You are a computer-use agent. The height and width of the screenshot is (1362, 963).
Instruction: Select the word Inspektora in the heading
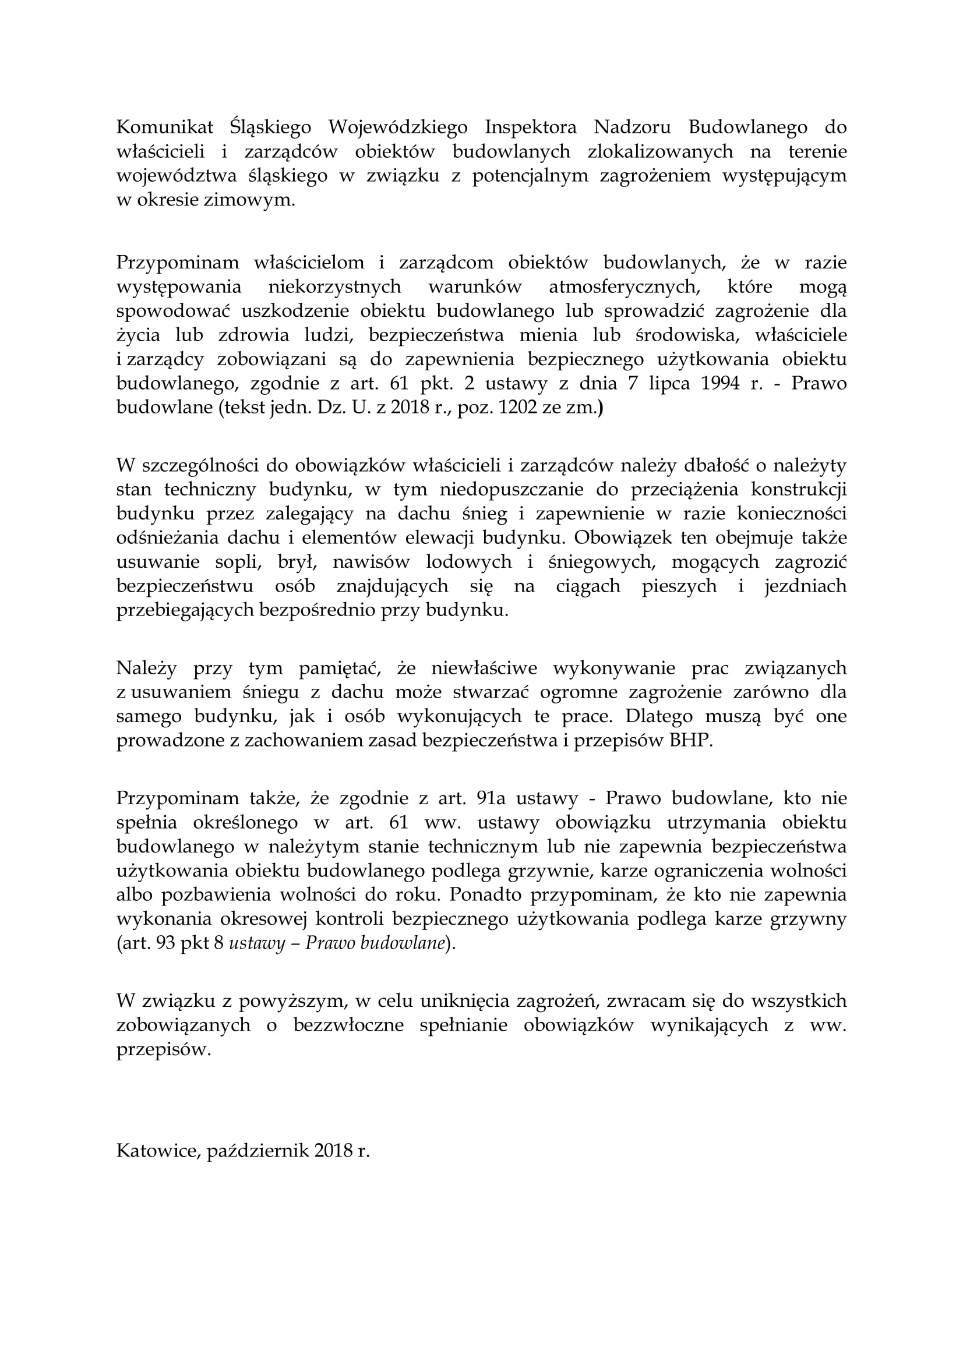pyautogui.click(x=531, y=128)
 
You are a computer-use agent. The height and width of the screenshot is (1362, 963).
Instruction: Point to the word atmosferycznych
pyautogui.click(x=624, y=287)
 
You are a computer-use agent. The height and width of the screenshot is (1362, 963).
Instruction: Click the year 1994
pyautogui.click(x=720, y=383)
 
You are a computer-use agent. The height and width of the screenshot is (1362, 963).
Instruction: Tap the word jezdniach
pyautogui.click(x=805, y=586)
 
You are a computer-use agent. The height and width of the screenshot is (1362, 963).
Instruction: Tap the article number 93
pyautogui.click(x=165, y=943)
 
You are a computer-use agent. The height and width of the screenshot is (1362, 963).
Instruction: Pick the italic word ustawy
pyautogui.click(x=256, y=943)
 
